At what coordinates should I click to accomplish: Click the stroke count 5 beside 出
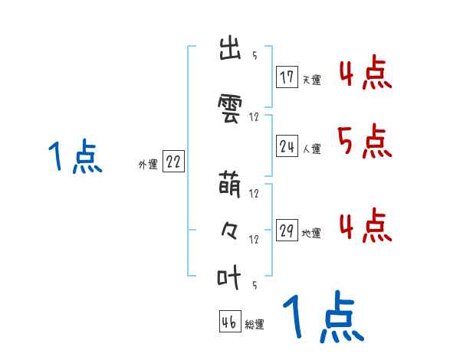coord(254,56)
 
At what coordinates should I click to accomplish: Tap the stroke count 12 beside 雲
coord(255,117)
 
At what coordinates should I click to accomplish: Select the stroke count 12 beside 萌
coord(255,193)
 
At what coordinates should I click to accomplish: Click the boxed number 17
coord(287,77)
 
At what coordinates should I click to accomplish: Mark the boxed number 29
coord(287,231)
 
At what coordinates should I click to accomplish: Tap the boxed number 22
coord(173,162)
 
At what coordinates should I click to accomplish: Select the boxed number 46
coord(229,322)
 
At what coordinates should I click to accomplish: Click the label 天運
coord(311,80)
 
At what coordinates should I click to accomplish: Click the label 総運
coord(255,325)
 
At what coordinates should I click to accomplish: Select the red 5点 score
coord(364,142)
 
